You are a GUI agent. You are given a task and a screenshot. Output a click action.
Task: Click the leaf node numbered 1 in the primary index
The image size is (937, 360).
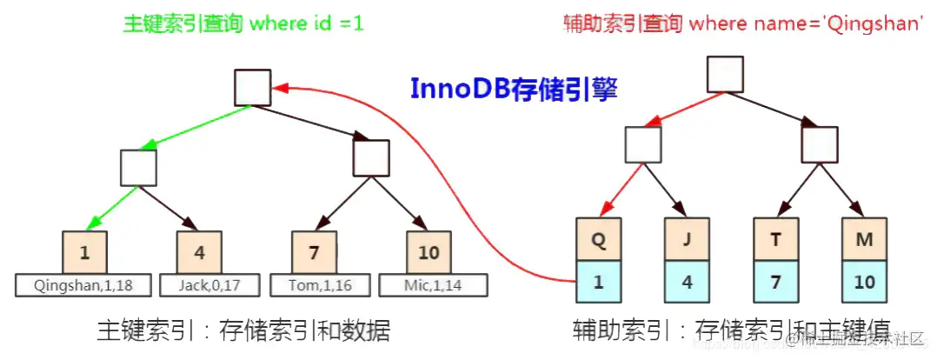coord(84,253)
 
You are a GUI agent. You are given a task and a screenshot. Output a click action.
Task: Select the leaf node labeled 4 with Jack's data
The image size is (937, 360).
coord(198,253)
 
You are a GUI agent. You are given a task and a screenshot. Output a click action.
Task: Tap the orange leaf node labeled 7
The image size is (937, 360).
coord(314,253)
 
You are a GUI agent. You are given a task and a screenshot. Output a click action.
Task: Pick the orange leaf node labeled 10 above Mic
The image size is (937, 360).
coord(428,253)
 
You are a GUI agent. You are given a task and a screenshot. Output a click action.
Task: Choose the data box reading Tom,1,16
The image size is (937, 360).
coord(314,285)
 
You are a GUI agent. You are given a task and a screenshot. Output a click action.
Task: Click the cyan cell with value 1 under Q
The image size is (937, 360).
coord(597,282)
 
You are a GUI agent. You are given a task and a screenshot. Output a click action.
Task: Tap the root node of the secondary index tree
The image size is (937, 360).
coord(724,74)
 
